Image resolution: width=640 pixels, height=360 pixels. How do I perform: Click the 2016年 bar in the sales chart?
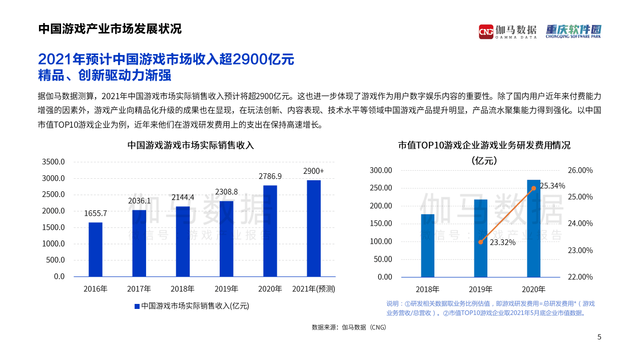(96, 249)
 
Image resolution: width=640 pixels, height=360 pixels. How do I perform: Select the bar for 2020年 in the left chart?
(270, 231)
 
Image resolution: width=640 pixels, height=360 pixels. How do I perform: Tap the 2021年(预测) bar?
(314, 228)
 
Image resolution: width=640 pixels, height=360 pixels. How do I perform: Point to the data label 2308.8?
(226, 192)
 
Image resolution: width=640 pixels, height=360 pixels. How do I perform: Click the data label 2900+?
(314, 171)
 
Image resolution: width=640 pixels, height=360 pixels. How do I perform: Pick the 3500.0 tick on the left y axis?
(54, 162)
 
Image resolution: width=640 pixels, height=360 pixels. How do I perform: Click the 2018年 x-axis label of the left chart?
(183, 289)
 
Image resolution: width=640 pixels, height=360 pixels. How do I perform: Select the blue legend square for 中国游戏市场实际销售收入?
(137, 306)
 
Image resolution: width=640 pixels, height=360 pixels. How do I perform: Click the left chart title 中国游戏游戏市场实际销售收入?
(191, 146)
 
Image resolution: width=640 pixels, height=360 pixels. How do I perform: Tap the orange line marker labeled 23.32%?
(481, 242)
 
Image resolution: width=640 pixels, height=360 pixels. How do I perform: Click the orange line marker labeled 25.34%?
(533, 188)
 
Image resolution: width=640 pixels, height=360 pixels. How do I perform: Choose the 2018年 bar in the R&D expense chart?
(428, 245)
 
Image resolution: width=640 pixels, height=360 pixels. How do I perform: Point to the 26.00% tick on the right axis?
(580, 170)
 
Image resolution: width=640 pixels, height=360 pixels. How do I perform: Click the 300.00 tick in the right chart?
(381, 170)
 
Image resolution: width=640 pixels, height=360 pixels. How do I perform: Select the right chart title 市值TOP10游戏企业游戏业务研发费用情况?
(484, 146)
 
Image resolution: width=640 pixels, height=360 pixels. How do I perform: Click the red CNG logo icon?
(485, 32)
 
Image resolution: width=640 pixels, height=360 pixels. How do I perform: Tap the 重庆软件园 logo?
(573, 31)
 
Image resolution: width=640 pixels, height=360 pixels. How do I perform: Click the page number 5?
(599, 337)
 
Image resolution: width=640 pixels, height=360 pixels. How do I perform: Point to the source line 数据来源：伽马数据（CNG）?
(349, 327)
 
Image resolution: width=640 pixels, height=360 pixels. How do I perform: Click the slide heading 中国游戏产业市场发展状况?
(110, 29)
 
